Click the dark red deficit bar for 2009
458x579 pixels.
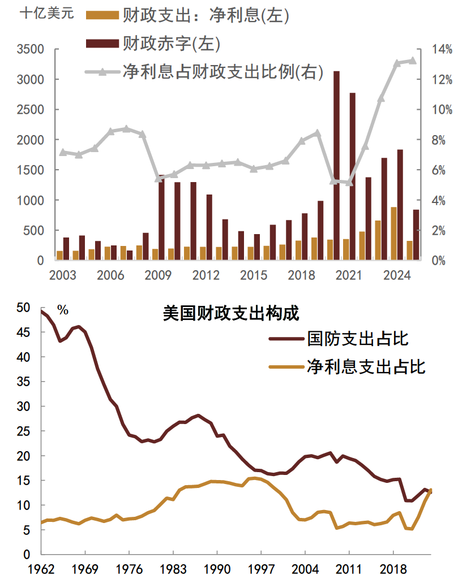click(162, 218)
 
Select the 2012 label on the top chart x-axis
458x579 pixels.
click(206, 275)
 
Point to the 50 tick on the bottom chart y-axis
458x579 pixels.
click(23, 308)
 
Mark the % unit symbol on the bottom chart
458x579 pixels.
click(63, 310)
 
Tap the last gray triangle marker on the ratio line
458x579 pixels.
click(412, 61)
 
